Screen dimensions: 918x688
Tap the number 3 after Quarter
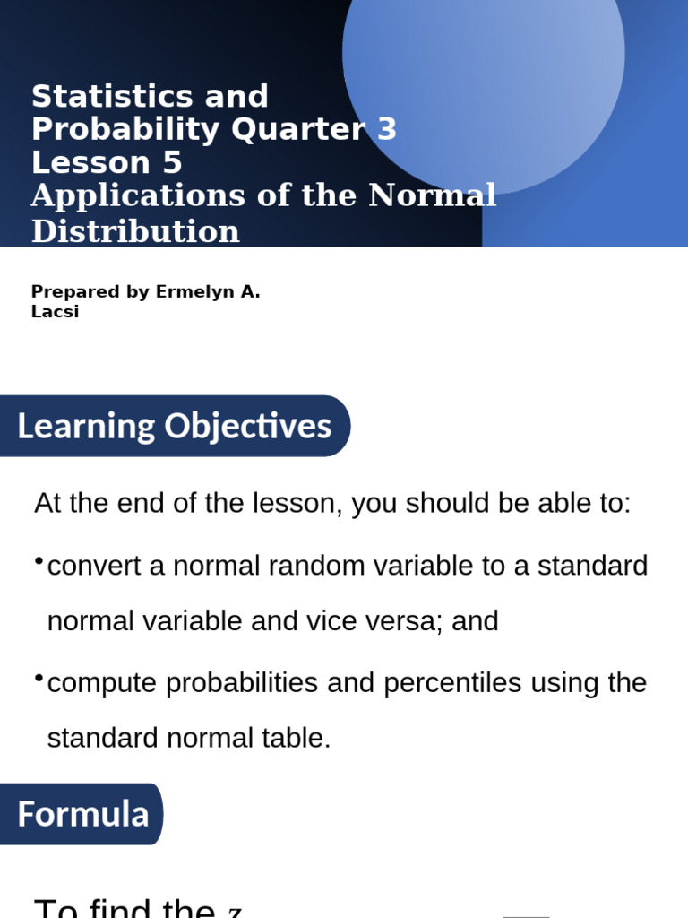pyautogui.click(x=387, y=130)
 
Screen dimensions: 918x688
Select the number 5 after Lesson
pyautogui.click(x=171, y=163)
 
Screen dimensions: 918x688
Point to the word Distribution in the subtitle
pyautogui.click(x=135, y=231)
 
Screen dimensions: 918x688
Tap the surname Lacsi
pyautogui.click(x=55, y=312)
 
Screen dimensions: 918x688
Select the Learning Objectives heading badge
pyautogui.click(x=174, y=426)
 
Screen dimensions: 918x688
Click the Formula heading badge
pyautogui.click(x=82, y=814)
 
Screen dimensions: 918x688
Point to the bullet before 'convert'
pyautogui.click(x=39, y=561)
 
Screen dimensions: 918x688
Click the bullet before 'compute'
pyautogui.click(x=39, y=678)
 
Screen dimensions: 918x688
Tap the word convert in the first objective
pyautogui.click(x=101, y=567)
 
